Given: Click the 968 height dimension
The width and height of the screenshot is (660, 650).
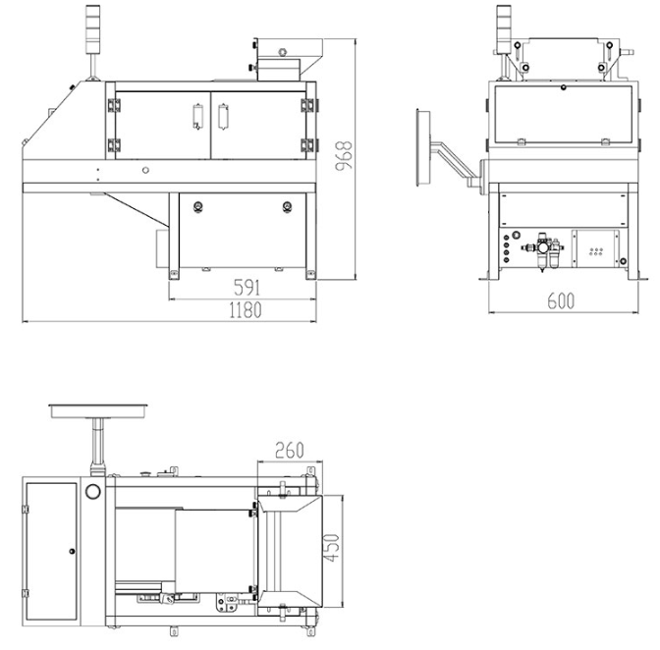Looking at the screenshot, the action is pos(344,156).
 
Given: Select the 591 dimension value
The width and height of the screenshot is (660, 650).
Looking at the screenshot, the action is pos(247,288).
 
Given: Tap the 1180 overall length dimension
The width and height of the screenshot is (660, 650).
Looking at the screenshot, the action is pos(246,310).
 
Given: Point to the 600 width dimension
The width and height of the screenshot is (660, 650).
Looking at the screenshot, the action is pos(561,300).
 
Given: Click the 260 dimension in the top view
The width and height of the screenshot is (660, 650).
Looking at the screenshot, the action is pos(289,450).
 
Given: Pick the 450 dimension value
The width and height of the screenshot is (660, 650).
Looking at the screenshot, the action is pos(333,547).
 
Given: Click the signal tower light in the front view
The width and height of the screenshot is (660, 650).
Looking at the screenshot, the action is pos(92,29).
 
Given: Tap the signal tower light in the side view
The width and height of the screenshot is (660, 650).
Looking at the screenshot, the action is pos(504,29).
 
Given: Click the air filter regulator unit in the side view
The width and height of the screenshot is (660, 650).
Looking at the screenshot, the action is pos(543,250).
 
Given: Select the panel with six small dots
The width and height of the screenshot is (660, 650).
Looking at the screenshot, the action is pos(595,248).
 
